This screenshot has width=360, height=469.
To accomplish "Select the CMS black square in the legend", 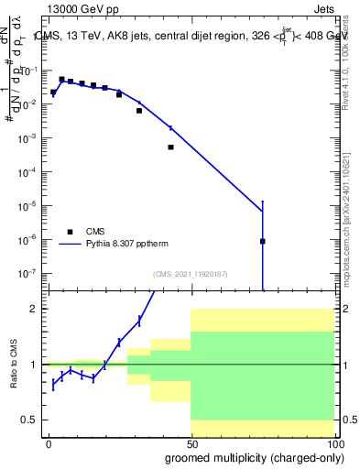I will (x=69, y=231).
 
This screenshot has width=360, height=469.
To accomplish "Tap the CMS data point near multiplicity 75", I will (x=263, y=241).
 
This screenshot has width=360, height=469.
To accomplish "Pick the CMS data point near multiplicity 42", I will (x=170, y=147).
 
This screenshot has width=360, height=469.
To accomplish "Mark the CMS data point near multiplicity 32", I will (x=139, y=111).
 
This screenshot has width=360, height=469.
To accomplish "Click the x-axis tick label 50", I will (x=191, y=444).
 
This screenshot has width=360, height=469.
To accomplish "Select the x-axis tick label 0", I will (x=49, y=444).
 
